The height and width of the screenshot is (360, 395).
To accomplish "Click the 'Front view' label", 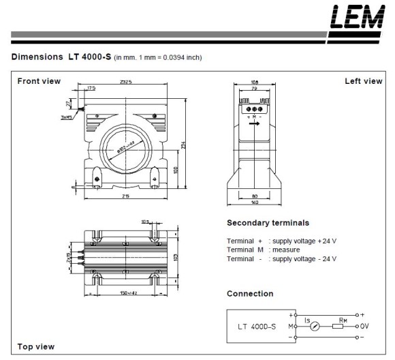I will pos(39,81).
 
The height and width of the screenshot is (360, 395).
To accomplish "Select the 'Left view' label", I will pos(364,81).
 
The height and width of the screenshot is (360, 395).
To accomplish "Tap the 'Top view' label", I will pos(35,346).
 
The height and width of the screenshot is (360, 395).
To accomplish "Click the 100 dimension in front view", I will pos(176,170).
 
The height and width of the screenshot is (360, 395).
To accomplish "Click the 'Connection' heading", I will pos(249,294).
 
